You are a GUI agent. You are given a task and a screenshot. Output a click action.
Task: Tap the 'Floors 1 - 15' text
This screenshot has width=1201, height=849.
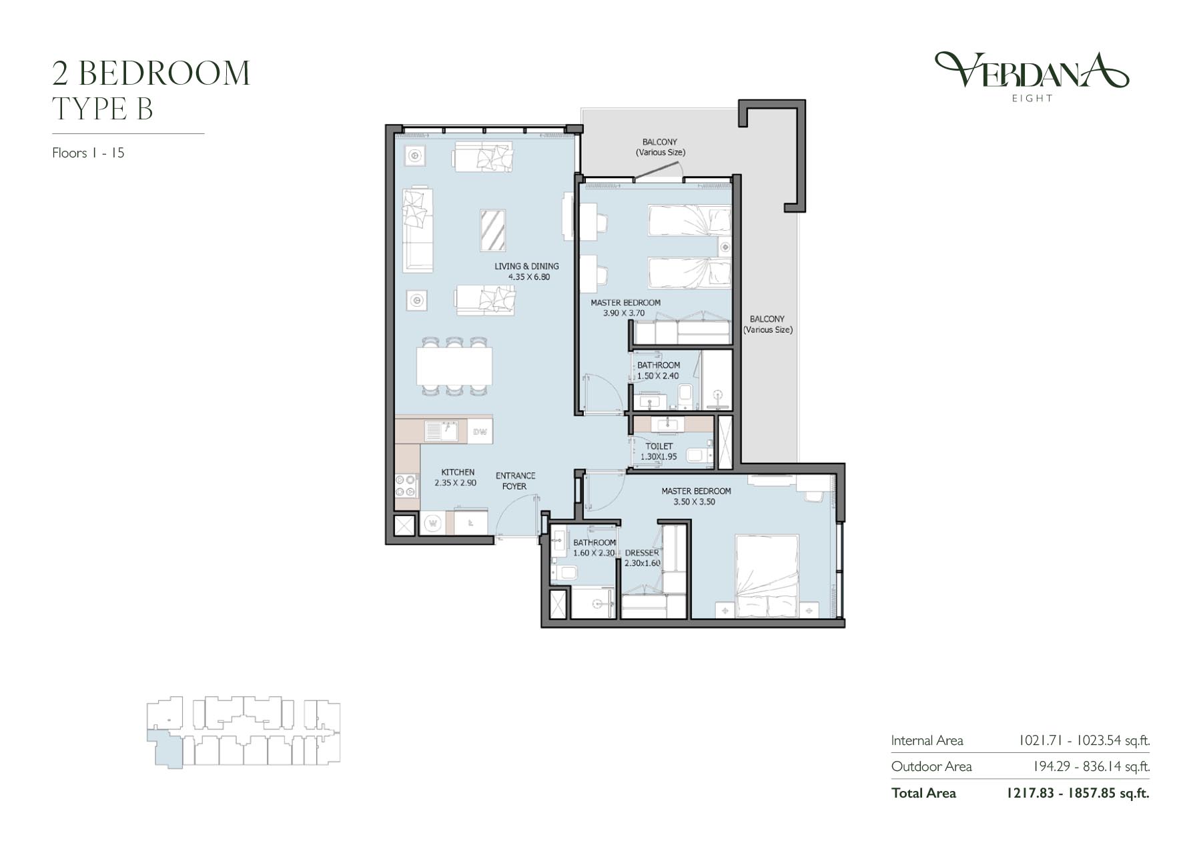[x=88, y=153]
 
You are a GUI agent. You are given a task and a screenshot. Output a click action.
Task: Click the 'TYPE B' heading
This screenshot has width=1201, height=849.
[x=103, y=109]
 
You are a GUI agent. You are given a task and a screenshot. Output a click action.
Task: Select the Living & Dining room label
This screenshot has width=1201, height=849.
[x=526, y=266]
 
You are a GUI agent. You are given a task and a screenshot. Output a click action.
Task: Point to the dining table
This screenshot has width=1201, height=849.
[x=454, y=366]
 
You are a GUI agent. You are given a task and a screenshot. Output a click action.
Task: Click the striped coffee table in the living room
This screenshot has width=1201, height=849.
[x=492, y=230]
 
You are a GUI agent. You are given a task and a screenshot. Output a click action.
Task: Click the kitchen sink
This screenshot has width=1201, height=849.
[x=440, y=432]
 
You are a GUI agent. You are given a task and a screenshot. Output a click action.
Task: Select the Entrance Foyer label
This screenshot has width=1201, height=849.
[x=515, y=481]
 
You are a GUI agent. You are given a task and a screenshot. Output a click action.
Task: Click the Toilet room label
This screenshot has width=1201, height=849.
[x=659, y=446]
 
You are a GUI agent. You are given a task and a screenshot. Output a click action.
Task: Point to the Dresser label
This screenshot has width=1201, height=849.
[x=642, y=553]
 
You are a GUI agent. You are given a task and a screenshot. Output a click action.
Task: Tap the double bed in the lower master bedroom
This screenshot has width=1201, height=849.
[x=767, y=576]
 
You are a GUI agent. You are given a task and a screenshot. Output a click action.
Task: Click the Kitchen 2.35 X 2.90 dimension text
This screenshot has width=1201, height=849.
[x=456, y=483]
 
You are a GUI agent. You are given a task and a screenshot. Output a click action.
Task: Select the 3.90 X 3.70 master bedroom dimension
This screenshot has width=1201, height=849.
[x=624, y=313]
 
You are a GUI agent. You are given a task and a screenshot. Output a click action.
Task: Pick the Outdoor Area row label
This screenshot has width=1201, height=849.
[x=931, y=767]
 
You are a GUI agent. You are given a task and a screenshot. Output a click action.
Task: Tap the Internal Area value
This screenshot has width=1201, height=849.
[x=1084, y=741]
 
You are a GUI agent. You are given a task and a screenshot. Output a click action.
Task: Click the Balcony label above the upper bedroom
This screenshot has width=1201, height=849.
[x=660, y=147]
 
